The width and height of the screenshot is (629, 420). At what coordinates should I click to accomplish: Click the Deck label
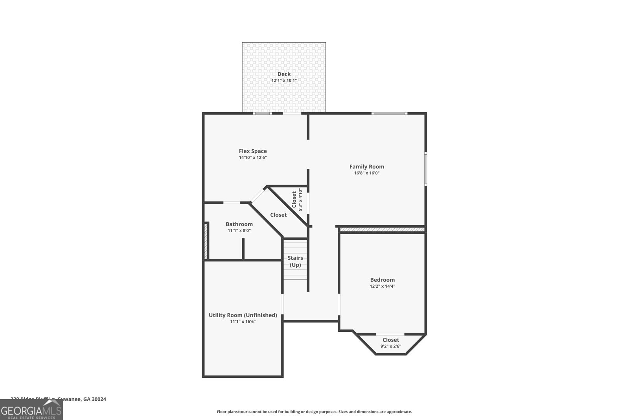coord(284,74)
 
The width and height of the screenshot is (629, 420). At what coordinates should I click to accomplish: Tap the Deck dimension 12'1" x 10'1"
coord(284,80)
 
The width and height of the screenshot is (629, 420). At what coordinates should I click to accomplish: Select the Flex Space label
coord(253,151)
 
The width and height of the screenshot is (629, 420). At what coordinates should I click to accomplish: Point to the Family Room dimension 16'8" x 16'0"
coord(366,173)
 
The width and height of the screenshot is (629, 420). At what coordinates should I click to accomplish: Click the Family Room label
coord(366,167)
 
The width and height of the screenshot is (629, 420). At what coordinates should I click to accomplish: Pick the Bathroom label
coord(239,224)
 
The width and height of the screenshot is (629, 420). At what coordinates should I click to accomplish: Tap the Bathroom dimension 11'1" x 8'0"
coord(239,231)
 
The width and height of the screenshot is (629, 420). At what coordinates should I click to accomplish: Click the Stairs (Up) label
coord(295,261)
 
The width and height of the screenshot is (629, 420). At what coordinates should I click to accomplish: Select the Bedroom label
coord(382,280)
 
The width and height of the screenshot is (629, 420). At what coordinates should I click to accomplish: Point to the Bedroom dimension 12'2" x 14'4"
coord(382,287)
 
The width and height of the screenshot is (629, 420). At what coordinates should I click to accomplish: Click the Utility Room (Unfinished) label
coord(243,315)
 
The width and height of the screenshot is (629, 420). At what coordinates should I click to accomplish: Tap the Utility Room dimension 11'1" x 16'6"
coord(243,322)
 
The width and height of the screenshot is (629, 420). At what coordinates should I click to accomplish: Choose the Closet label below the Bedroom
coord(390,340)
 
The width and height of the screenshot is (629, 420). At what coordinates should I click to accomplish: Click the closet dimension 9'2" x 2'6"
coord(390,346)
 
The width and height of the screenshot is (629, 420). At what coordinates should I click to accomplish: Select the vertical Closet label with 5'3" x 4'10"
coord(294,200)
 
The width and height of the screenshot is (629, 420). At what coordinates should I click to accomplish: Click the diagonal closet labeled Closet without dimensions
coord(278,215)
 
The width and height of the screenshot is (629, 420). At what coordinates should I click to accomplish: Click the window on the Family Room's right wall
coord(425,168)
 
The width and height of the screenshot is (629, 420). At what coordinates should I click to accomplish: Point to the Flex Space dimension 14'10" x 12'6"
coord(253,157)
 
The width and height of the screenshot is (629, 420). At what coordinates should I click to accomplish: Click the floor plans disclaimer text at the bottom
coord(314,412)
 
